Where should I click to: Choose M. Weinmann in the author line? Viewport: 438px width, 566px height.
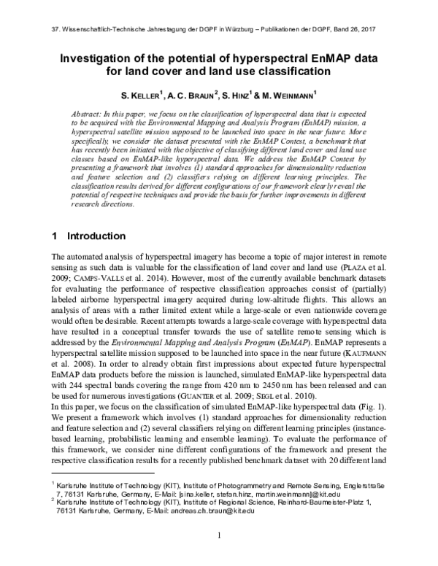[x=291, y=94]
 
